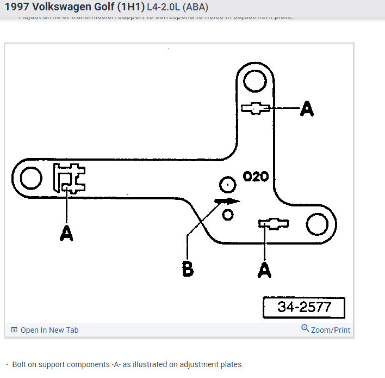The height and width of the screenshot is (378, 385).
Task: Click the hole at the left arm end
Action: tap(31, 178)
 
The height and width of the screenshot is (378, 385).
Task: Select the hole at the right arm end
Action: tap(316, 224)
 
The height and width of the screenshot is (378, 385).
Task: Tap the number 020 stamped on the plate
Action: tap(256, 177)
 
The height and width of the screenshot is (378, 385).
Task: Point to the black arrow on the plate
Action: tap(227, 200)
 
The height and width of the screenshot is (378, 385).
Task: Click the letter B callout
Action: tap(188, 269)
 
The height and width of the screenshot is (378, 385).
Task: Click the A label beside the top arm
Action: tap(307, 109)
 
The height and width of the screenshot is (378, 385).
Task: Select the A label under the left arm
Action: tap(66, 234)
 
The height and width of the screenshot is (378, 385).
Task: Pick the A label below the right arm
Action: tap(264, 269)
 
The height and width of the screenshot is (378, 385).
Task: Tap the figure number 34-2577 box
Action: tap(303, 307)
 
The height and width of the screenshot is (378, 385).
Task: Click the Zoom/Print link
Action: tap(326, 330)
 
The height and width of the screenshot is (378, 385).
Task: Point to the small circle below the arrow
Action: tap(228, 214)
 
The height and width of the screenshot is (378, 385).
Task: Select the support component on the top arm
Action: tap(254, 108)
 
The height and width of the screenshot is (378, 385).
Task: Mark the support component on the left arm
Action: tap(70, 178)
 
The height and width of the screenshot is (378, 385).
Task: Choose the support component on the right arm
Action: tap(274, 223)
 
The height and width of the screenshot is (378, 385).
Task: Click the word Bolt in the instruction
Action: tap(21, 364)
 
